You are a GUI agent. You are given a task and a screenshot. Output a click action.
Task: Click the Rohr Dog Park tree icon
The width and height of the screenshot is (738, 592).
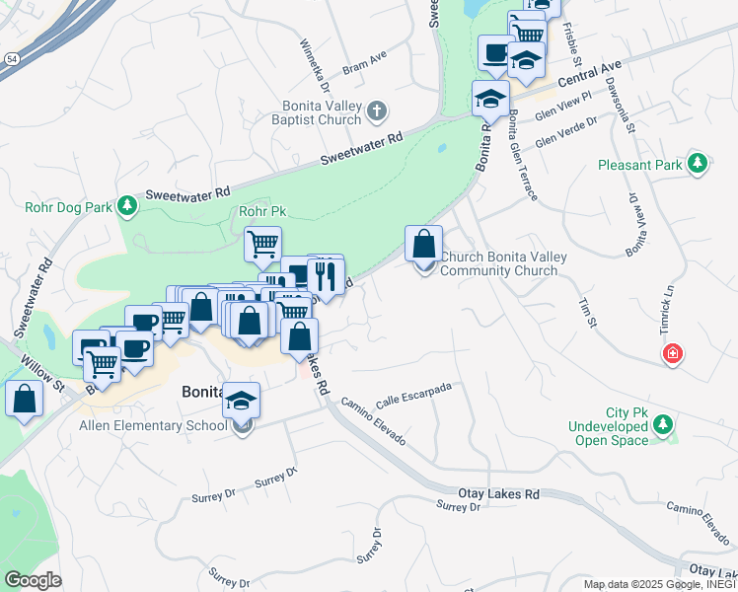[x=127, y=205]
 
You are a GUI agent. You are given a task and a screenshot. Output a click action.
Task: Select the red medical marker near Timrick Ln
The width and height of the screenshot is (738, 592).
[x=672, y=353]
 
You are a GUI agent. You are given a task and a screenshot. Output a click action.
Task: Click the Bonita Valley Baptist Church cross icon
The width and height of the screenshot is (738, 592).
[x=376, y=112]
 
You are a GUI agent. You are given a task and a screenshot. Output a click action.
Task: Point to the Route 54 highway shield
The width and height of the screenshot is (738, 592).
[x=10, y=60]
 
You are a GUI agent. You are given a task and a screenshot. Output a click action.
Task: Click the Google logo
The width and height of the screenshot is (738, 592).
[x=34, y=580]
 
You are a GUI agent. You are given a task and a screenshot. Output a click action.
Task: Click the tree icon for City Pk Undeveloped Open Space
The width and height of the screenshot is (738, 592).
[x=665, y=425]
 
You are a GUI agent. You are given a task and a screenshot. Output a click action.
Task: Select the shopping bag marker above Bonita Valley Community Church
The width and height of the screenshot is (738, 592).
[x=423, y=243]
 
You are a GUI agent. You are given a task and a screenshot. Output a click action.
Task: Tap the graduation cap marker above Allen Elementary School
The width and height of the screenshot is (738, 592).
[x=241, y=401]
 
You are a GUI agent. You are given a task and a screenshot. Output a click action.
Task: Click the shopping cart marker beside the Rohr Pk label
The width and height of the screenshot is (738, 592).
[x=262, y=244]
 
